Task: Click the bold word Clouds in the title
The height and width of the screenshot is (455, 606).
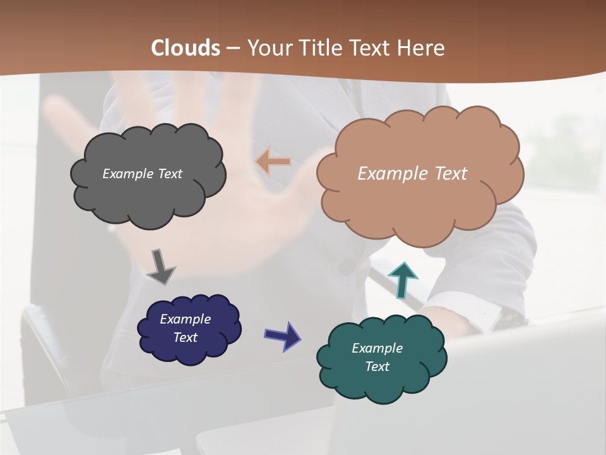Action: pos(186,48)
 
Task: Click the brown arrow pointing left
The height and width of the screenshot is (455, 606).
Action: pos(273,162)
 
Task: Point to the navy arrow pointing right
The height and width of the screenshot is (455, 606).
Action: pos(282,336)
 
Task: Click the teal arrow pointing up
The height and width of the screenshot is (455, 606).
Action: pos(403,279)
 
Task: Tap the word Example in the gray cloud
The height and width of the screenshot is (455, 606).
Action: pos(126,174)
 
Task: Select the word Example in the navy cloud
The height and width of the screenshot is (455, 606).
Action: pos(185,319)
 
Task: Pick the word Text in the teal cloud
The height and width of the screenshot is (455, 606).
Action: pos(377,367)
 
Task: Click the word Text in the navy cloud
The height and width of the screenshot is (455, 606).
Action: pos(185,337)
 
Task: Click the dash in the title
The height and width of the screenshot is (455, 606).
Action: pos(232,49)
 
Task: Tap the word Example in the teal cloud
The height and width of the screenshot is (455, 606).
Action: pos(377,348)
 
